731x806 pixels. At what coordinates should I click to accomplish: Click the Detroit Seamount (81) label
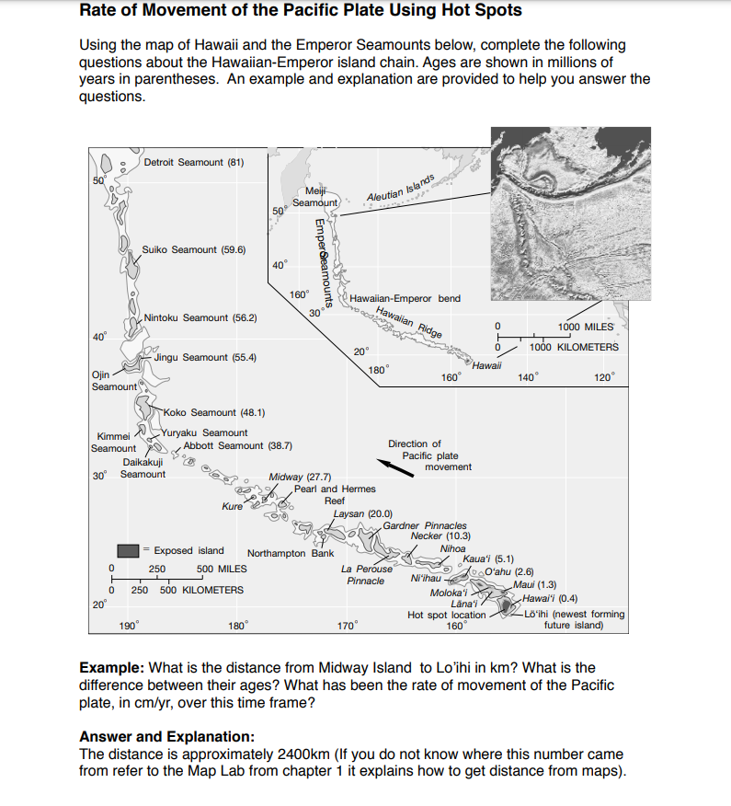click(193, 162)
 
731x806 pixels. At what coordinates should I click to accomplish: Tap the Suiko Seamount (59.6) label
click(193, 249)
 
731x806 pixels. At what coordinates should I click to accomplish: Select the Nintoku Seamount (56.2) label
click(200, 317)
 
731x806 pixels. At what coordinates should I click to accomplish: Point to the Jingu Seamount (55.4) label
click(205, 357)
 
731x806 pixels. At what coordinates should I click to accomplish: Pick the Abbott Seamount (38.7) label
click(237, 445)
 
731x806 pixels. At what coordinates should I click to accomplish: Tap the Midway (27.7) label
click(300, 477)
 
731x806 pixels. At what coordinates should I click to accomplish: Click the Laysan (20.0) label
click(363, 513)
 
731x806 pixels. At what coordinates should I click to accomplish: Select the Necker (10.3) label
click(440, 535)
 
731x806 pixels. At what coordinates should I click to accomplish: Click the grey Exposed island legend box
click(127, 550)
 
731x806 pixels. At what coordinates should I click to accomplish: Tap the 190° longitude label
click(129, 626)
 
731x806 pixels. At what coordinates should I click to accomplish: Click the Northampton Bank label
click(291, 554)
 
